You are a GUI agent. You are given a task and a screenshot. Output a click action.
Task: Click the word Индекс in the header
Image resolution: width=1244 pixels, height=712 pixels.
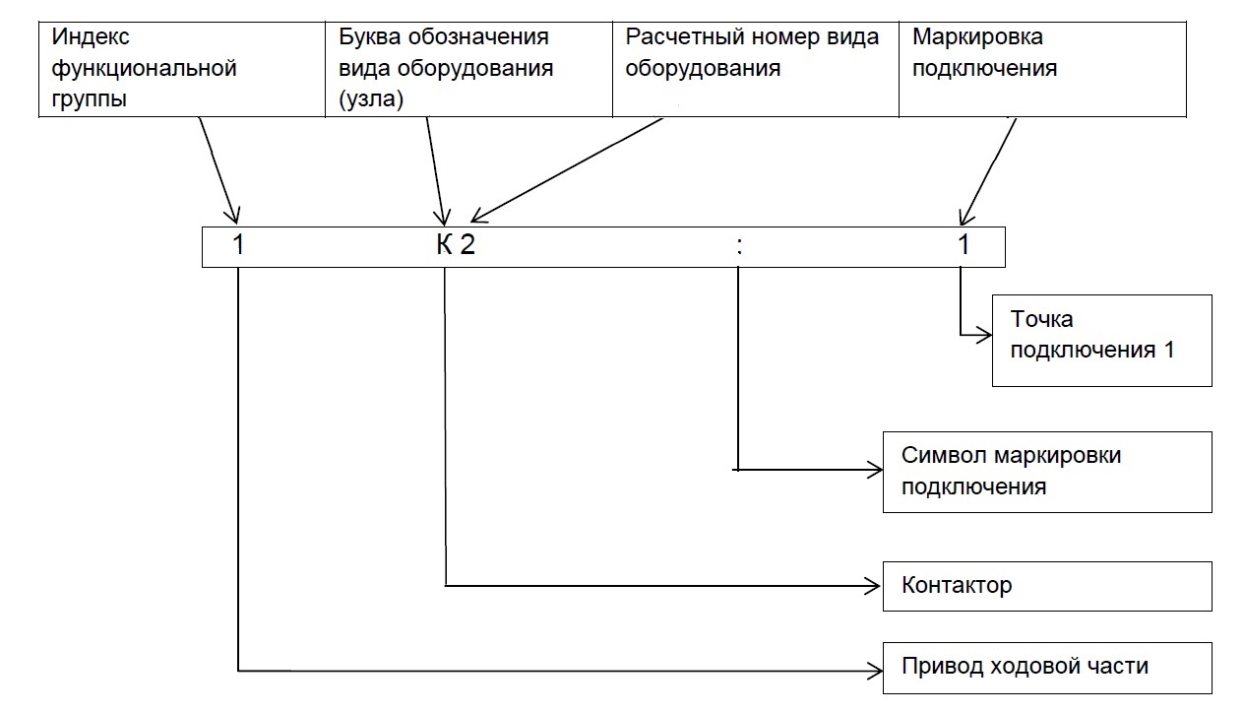[x=91, y=37]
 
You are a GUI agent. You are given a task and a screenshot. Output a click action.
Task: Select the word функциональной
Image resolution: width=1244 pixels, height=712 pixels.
[x=145, y=69]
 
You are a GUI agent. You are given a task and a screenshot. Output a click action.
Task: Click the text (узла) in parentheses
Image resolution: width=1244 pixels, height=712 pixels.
[x=371, y=98]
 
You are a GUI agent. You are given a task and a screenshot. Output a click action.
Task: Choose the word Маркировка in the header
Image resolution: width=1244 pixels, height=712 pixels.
[x=977, y=37]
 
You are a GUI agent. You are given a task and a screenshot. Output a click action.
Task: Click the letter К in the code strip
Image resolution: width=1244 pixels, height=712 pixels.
[x=444, y=244]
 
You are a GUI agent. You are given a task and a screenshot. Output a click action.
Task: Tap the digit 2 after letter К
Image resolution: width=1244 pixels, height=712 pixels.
[x=467, y=244]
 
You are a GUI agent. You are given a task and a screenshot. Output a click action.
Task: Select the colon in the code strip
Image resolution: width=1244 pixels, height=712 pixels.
[x=739, y=247]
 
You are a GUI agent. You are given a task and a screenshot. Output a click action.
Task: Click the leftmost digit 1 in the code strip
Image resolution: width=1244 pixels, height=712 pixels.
[x=238, y=244]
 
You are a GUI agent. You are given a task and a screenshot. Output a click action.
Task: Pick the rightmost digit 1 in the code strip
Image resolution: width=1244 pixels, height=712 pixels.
[x=964, y=244]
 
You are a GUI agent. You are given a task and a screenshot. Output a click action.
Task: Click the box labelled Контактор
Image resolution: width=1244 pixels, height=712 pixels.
[x=1047, y=586]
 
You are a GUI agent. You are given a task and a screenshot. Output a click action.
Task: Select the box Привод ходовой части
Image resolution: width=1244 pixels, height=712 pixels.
[x=1047, y=668]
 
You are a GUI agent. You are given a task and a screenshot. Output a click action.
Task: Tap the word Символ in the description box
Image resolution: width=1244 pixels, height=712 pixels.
[x=944, y=456]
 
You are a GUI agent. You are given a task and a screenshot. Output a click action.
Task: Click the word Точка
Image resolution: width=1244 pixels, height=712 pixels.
[x=1042, y=320]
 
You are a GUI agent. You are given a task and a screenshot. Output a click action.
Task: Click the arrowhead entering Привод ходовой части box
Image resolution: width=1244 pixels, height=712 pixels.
[x=876, y=671]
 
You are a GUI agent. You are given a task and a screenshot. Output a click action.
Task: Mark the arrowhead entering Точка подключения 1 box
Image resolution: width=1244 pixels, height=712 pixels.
[x=985, y=335]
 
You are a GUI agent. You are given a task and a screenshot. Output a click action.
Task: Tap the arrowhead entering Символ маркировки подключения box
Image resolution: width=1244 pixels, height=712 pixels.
[x=876, y=470]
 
